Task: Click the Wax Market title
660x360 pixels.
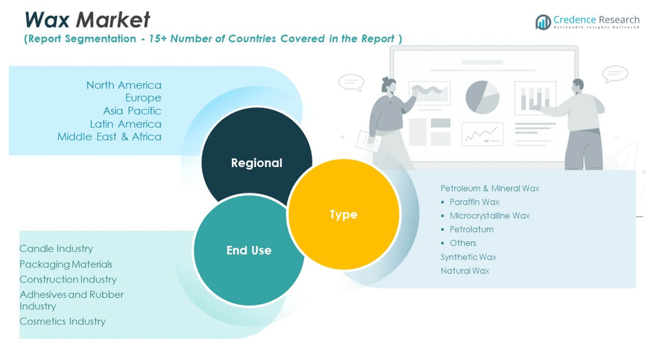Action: tap(87, 20)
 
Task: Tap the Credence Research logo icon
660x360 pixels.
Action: tap(543, 22)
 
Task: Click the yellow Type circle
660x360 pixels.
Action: tap(344, 214)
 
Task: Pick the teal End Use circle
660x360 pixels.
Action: tap(248, 250)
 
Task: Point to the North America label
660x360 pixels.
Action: tap(124, 85)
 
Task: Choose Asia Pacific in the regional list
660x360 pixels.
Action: tap(132, 111)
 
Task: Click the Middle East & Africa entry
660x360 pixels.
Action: tap(110, 137)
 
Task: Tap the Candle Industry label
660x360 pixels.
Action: tap(56, 249)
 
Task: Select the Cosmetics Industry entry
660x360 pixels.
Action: tap(63, 321)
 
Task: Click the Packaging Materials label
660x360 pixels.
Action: tap(66, 264)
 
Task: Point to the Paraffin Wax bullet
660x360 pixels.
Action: tap(474, 202)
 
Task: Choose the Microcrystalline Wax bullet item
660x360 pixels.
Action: tap(490, 216)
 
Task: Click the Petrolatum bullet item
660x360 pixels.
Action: tap(471, 229)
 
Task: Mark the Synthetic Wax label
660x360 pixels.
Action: tap(469, 257)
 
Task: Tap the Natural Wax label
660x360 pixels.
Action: tap(465, 271)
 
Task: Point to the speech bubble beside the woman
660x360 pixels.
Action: tap(351, 82)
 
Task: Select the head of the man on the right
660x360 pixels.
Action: tap(578, 86)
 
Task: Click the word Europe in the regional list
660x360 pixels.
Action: tap(143, 98)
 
